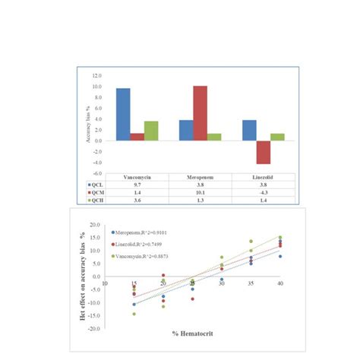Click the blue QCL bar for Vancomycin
pos(122,115)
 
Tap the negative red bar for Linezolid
pos(263,152)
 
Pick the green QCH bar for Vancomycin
pos(151,131)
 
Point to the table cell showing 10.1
pos(200,193)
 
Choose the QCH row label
pos(95,201)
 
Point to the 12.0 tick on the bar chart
pos(96,76)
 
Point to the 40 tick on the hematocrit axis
pos(280,283)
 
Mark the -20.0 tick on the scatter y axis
pos(94,330)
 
